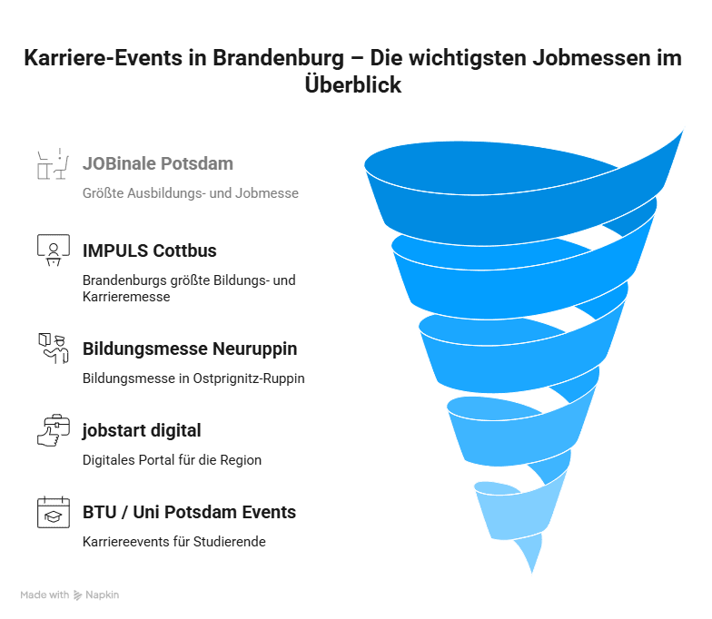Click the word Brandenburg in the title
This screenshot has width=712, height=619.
(278, 58)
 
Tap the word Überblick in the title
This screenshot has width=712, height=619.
(353, 85)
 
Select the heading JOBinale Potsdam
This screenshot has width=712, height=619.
(158, 163)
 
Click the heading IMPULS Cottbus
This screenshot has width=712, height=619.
(149, 251)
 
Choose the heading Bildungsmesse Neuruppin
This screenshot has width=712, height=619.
(190, 349)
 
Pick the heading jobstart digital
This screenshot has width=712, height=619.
(142, 430)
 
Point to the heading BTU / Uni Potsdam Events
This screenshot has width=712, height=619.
(189, 512)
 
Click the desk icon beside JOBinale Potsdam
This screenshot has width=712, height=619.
(53, 163)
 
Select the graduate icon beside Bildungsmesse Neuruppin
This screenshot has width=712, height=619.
(53, 349)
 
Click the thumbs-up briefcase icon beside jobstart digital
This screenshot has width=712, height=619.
(53, 430)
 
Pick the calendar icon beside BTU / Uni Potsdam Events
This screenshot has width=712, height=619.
(53, 512)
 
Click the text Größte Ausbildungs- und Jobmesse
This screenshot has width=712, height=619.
(191, 193)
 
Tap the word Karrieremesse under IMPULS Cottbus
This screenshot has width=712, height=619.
(126, 297)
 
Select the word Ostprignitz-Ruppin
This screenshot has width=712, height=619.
(249, 378)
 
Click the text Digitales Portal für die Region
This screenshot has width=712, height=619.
(172, 460)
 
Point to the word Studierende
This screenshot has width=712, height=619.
(229, 542)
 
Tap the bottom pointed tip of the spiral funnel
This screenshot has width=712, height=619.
(532, 573)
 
